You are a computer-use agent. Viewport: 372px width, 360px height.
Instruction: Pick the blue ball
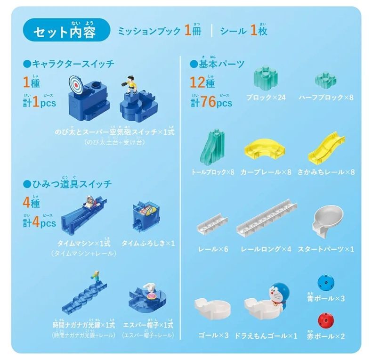click(327, 283)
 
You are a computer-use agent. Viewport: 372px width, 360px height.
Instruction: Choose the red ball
click(327, 323)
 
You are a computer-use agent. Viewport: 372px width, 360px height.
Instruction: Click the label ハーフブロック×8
click(325, 98)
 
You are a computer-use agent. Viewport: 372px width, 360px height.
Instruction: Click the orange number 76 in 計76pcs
click(209, 102)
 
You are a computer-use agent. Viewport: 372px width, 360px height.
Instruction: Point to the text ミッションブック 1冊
click(160, 31)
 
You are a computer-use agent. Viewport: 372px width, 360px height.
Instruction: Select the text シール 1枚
click(245, 31)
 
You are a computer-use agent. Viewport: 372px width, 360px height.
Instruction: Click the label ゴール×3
click(213, 335)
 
